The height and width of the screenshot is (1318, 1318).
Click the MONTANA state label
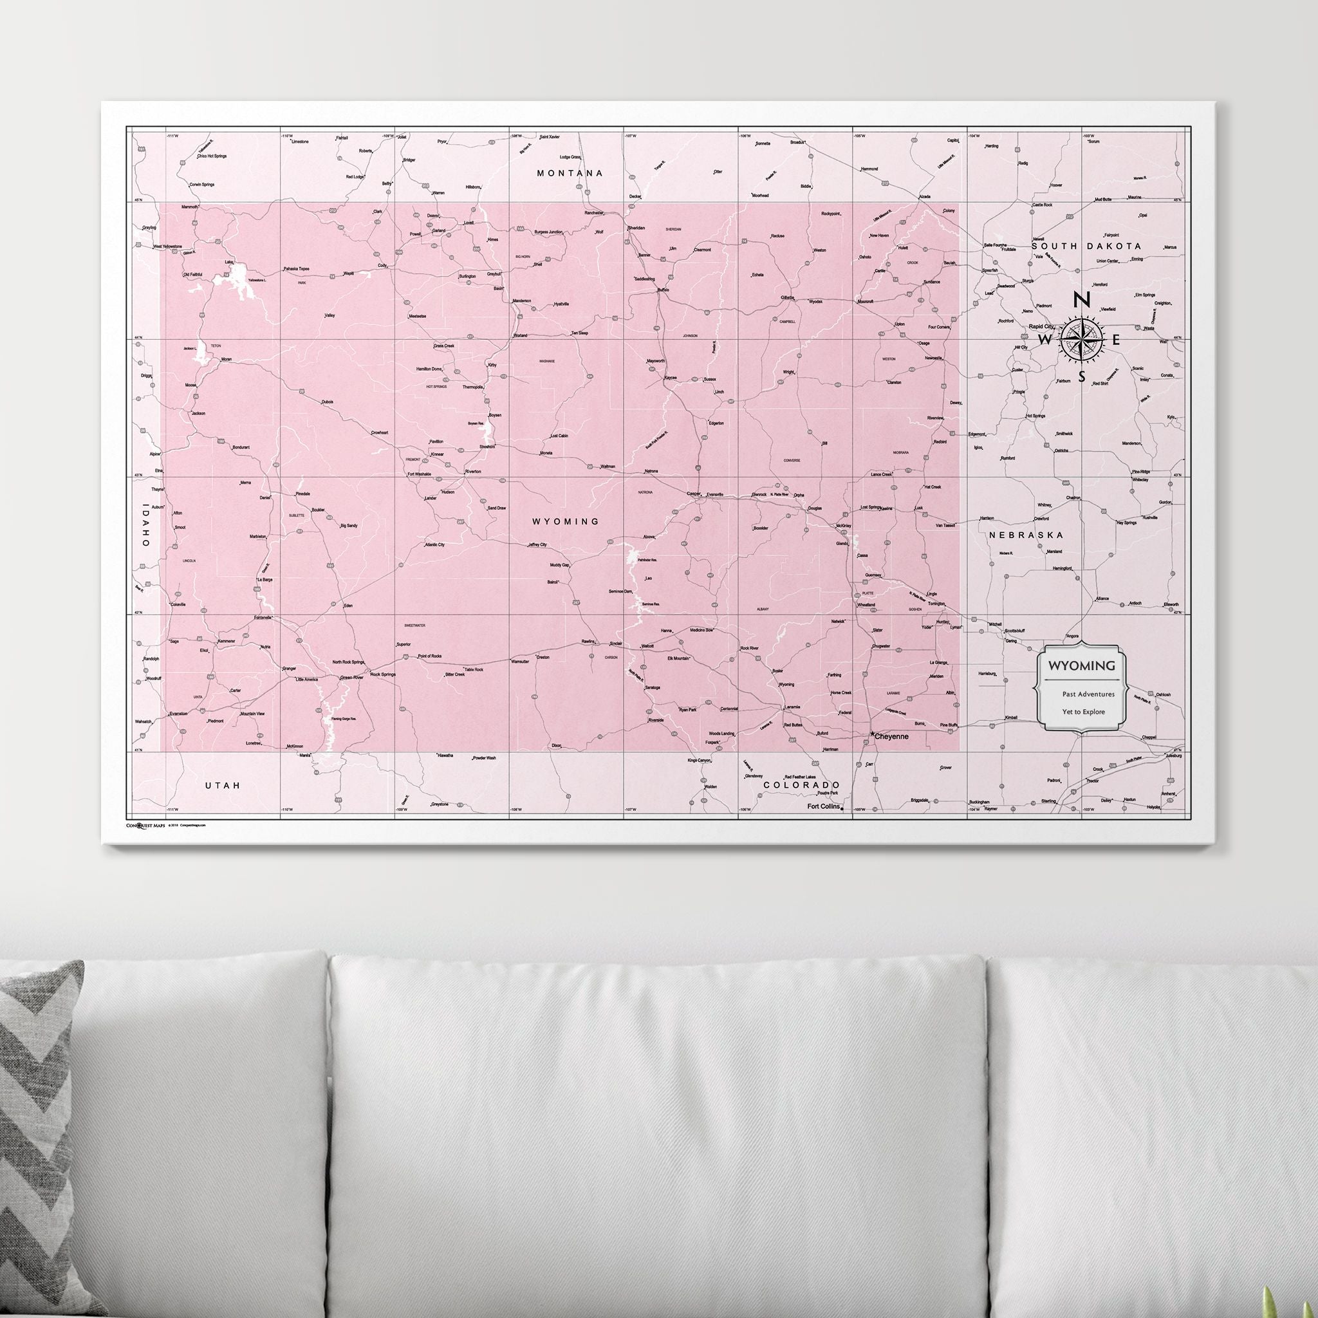point(570,173)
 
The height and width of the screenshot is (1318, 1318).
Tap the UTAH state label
point(223,785)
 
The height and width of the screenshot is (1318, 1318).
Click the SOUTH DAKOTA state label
point(1086,246)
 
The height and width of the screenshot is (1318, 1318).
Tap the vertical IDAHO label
point(145,524)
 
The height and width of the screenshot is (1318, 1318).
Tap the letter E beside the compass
point(1116,339)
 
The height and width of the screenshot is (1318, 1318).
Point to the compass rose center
point(1081,339)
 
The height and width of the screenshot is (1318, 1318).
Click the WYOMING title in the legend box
point(1081,665)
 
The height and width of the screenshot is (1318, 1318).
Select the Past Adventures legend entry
point(1088,694)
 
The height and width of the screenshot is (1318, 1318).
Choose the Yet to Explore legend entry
point(1082,712)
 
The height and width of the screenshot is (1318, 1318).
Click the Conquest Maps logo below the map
point(145,825)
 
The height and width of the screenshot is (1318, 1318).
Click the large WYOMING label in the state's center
point(566,521)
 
